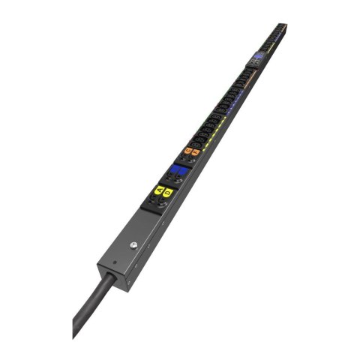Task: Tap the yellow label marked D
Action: pyautogui.click(x=168, y=193)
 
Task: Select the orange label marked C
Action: pyautogui.click(x=188, y=150)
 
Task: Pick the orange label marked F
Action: pyautogui.click(x=196, y=152)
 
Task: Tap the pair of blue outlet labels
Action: pyautogui.click(x=178, y=171)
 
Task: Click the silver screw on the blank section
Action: pyautogui.click(x=132, y=245)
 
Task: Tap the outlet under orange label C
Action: pyautogui.click(x=184, y=157)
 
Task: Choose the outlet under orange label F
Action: pyautogui.click(x=192, y=160)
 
